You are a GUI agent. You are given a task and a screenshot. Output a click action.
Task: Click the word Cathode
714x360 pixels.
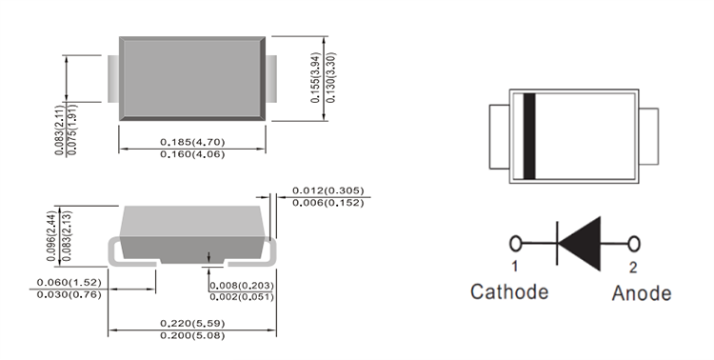[509, 291]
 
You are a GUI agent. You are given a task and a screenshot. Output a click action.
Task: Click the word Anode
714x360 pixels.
[642, 292]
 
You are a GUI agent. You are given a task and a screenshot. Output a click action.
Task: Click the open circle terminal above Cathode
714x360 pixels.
[517, 244]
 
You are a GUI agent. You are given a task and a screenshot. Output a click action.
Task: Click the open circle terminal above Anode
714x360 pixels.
[634, 244]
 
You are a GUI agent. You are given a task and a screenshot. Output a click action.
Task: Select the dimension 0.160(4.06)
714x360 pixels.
[192, 154]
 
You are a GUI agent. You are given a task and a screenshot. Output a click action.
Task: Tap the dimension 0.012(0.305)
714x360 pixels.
[327, 190]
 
